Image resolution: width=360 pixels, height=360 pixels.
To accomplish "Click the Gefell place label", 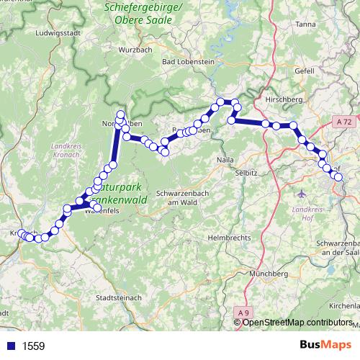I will point(305,71).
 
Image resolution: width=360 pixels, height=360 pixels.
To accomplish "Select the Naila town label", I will point(225,160).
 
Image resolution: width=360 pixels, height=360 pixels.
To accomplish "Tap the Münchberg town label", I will point(268,274).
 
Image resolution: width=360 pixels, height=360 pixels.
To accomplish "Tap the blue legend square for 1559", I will point(8,346).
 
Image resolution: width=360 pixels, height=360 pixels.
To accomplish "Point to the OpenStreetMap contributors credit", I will point(295,323).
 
